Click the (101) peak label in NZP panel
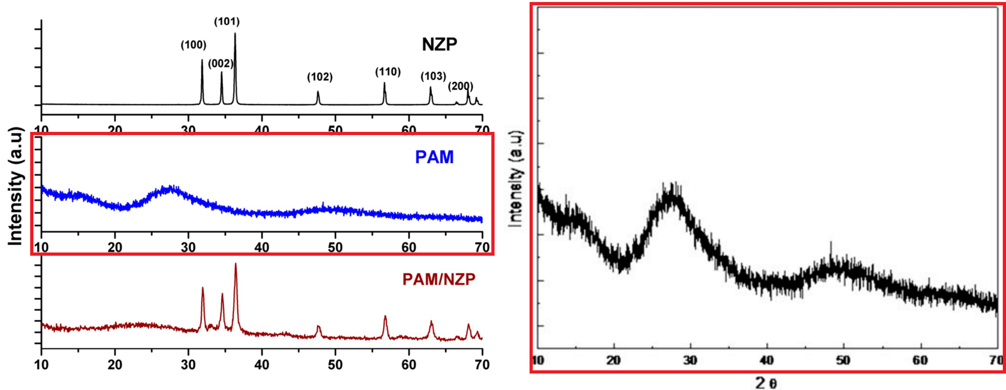(227, 21)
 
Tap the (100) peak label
(193, 45)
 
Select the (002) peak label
(221, 64)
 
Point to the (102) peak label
(320, 77)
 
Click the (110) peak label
(388, 72)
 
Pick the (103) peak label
(433, 76)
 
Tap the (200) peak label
(460, 86)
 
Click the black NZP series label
(439, 44)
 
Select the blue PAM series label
(434, 157)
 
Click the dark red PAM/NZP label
(439, 279)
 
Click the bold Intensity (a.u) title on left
(15, 186)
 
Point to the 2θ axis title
(766, 382)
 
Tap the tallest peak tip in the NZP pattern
(235, 34)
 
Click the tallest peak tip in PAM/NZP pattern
(235, 264)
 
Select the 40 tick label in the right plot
(767, 360)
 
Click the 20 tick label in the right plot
(613, 360)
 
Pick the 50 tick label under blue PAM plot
(335, 247)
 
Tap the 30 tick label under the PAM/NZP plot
(188, 365)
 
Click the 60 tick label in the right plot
(920, 360)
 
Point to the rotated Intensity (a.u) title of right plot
(516, 179)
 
